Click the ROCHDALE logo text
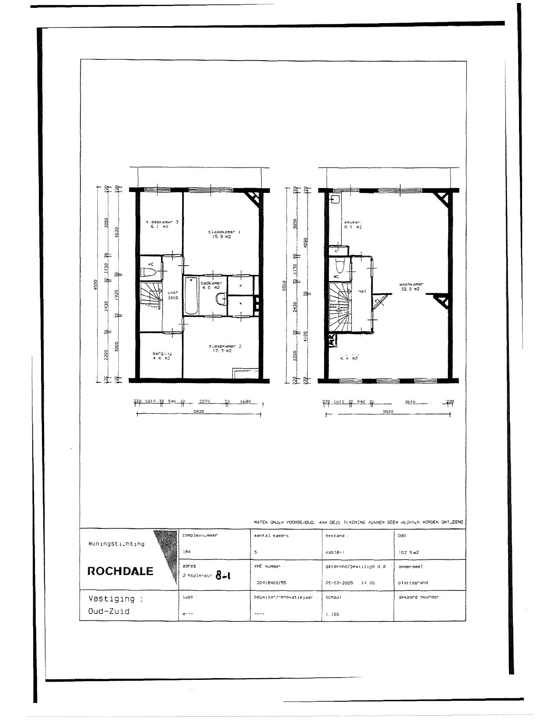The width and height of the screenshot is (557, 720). pos(121,571)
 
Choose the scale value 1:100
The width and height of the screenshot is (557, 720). pos(332,614)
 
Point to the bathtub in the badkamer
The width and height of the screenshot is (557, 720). pos(191,296)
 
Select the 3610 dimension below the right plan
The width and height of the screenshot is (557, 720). pos(410,401)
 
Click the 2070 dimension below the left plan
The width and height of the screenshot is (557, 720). pos(204,401)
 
